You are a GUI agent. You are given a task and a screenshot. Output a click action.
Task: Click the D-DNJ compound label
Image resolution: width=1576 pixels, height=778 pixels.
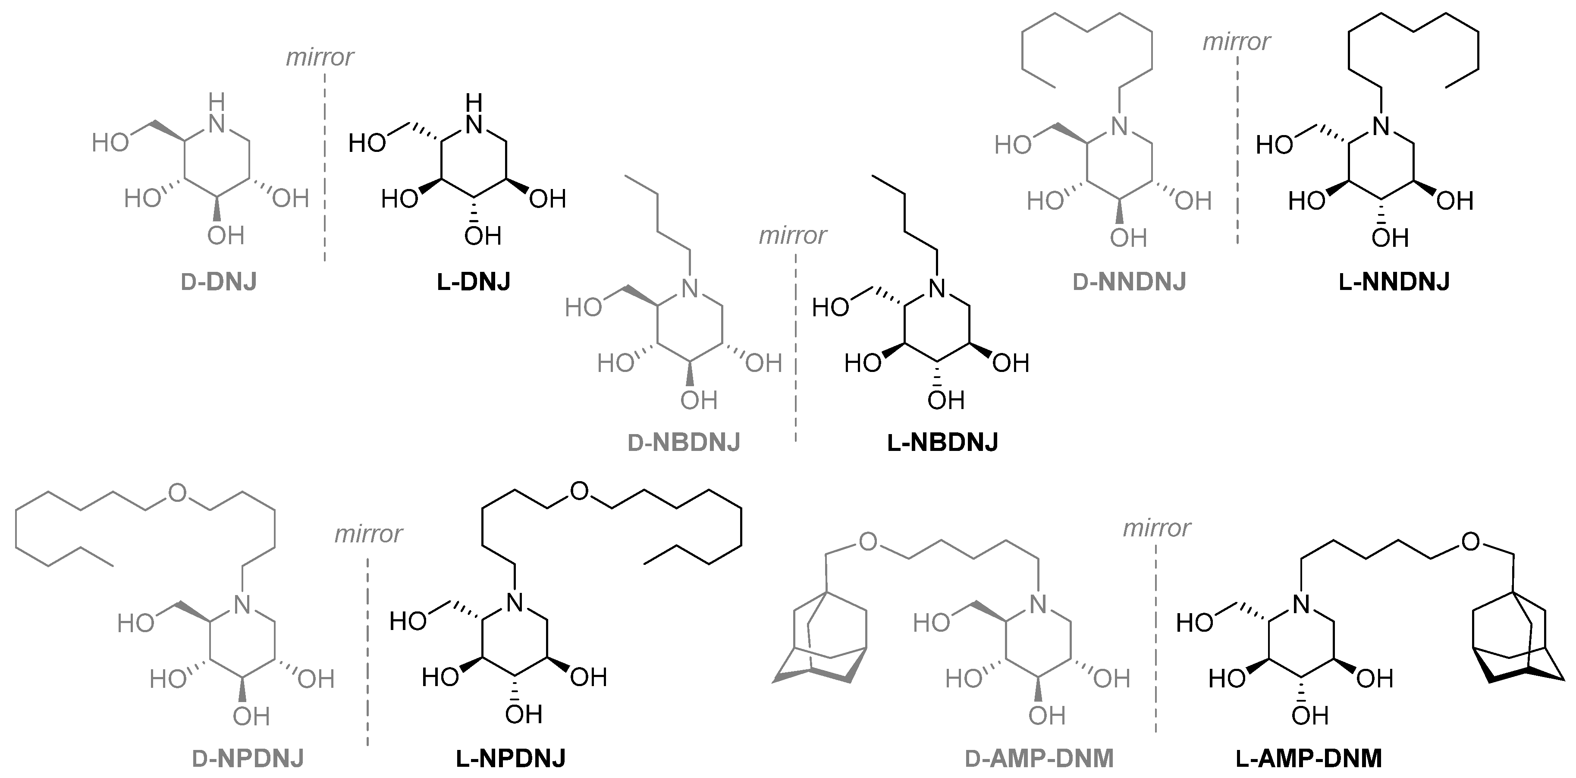(218, 282)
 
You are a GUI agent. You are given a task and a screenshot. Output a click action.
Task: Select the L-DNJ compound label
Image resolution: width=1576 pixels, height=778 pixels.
(474, 282)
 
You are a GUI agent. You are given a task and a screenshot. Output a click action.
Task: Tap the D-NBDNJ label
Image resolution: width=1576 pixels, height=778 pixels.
(684, 442)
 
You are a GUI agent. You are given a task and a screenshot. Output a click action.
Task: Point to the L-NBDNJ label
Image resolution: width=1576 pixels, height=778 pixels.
(942, 442)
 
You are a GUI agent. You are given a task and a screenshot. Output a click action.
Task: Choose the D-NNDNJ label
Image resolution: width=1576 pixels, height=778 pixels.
(1130, 282)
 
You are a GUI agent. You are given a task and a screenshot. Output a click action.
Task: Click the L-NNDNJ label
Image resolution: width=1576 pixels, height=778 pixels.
(1394, 282)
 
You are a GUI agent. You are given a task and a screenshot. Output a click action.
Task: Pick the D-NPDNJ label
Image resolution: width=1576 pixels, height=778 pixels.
(248, 759)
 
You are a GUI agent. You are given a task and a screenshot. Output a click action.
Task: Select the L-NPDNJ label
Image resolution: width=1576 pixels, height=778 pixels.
(511, 759)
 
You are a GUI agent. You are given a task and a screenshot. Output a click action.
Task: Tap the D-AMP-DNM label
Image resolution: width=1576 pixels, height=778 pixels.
(1039, 759)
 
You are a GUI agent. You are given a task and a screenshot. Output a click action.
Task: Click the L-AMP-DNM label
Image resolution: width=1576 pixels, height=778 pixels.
(1309, 759)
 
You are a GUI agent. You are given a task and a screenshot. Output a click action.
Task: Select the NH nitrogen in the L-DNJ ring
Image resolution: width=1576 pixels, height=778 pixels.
(474, 124)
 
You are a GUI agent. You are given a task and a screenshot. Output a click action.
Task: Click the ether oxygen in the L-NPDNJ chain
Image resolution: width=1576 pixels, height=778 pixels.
(579, 491)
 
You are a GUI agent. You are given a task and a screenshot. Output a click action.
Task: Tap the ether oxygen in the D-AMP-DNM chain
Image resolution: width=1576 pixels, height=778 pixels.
(867, 541)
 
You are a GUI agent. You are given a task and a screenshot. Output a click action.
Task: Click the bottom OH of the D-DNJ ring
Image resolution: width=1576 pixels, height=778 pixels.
(225, 236)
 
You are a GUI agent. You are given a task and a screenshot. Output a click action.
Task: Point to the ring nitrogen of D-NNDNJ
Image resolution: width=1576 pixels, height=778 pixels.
(1119, 126)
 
